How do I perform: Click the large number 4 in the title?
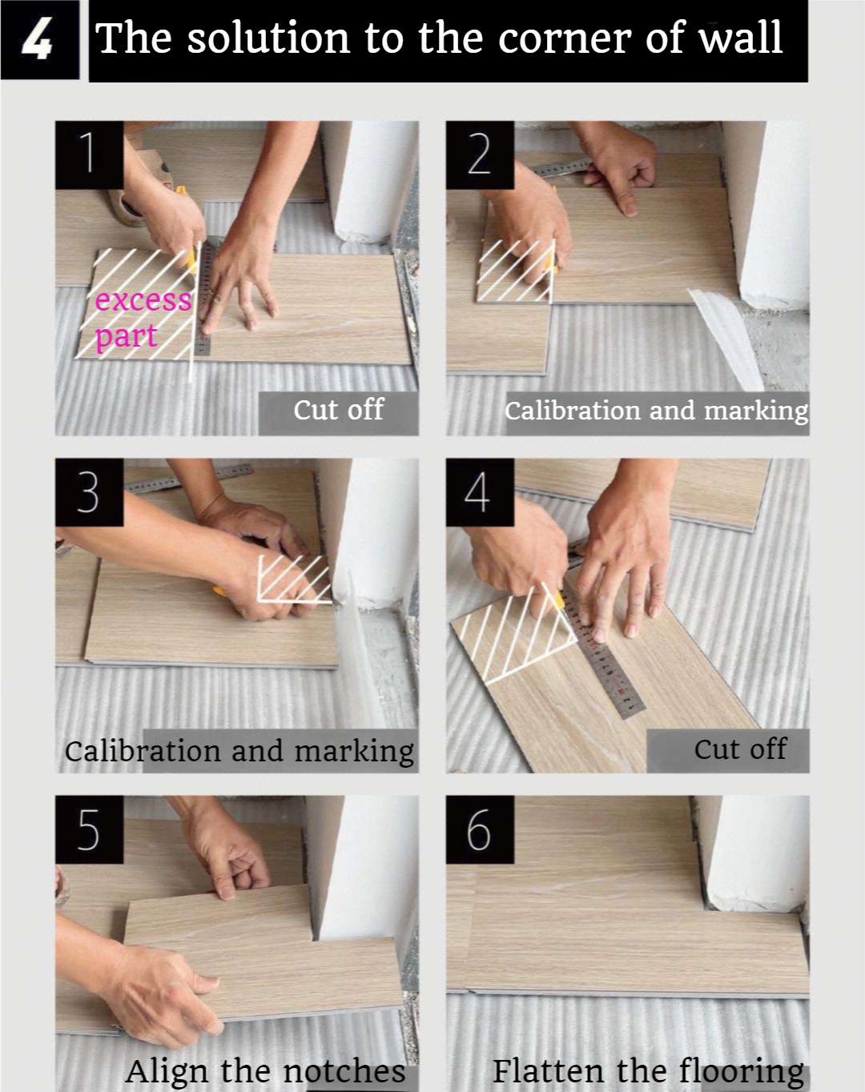[38, 40]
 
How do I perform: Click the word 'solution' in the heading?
[268, 38]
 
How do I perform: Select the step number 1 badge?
[89, 155]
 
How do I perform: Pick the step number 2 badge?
[479, 155]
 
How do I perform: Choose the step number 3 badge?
[89, 492]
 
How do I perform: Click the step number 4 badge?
[479, 492]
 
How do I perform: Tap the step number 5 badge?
[89, 829]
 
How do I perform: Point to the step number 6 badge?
[479, 829]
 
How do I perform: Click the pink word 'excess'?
[143, 300]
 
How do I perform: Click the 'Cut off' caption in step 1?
[338, 410]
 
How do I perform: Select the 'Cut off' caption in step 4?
[740, 749]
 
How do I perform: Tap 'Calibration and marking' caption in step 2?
[656, 411]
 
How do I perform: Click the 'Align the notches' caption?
[265, 1070]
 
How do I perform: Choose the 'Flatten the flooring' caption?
[648, 1070]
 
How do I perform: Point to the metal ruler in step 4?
[605, 656]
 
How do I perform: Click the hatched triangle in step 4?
[521, 632]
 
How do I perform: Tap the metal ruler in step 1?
[205, 300]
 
